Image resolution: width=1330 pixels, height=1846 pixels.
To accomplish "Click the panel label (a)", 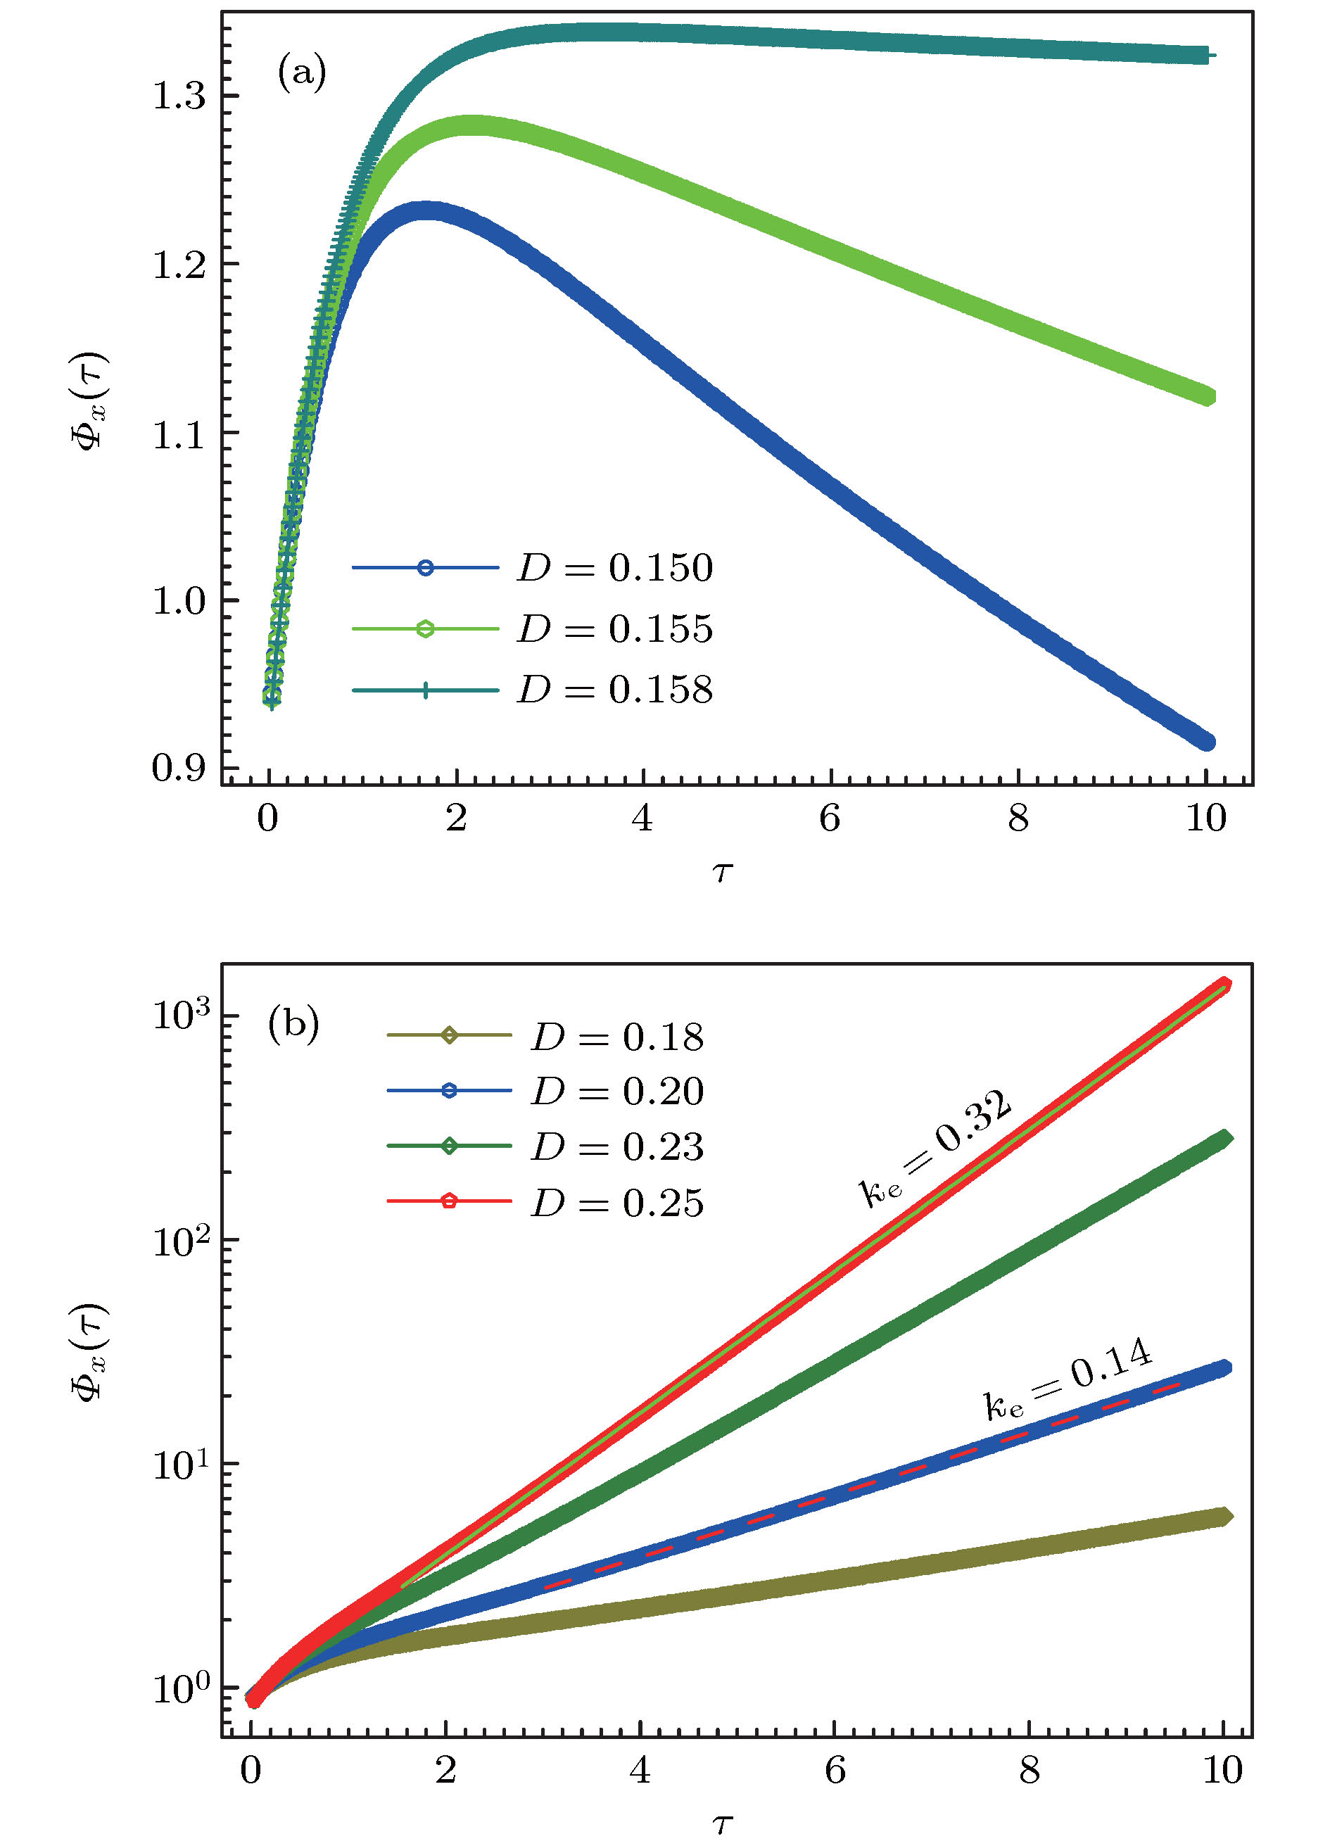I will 302,73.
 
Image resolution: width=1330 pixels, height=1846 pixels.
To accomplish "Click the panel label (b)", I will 293,1025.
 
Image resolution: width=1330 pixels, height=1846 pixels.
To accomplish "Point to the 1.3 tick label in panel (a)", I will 179,96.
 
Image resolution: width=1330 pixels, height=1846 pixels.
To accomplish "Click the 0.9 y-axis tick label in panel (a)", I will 179,768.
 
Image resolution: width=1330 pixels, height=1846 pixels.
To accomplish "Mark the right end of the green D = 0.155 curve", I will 1208,397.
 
